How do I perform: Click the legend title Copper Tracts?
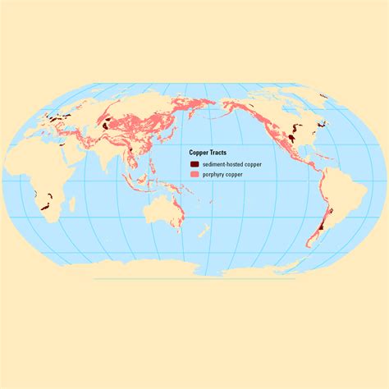coord(208,153)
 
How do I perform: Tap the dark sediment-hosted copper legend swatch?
coord(194,164)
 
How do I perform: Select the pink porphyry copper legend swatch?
coord(194,174)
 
